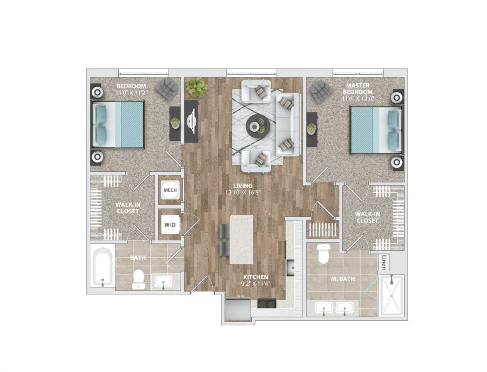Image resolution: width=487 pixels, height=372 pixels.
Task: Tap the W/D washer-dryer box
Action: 169,225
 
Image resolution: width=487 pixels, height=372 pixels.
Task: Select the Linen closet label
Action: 384,263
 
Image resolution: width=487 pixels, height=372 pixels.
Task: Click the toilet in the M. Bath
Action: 324,253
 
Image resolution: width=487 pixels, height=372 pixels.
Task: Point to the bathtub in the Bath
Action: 102,267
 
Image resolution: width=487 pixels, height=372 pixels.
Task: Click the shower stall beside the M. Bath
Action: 391,295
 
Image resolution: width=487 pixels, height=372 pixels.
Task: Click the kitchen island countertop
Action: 241,239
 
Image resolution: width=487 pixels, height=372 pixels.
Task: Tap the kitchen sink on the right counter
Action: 291,267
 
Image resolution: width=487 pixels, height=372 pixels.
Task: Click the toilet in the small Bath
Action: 139,280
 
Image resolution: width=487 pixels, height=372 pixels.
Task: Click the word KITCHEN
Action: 255,277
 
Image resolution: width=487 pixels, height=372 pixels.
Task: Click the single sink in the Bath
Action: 164,282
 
